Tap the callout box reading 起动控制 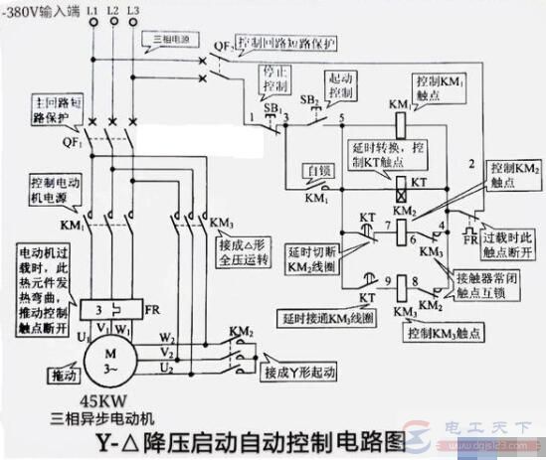(342, 87)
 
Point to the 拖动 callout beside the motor (62, 377)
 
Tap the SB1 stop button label (271, 105)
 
